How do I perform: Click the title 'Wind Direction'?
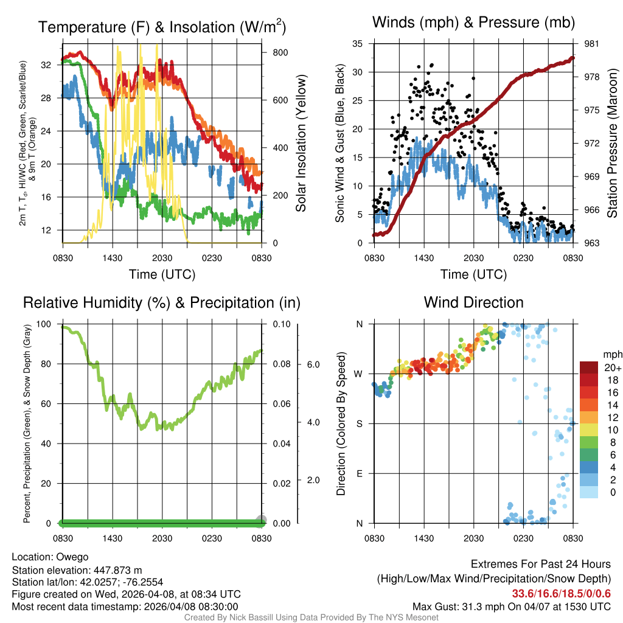coord(473,302)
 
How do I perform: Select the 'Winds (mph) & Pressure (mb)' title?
coord(473,23)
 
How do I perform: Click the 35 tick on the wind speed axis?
coord(358,44)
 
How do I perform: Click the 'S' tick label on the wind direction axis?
coord(359,423)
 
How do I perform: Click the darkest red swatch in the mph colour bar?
coord(590,367)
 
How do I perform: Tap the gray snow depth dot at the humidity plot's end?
coord(261,520)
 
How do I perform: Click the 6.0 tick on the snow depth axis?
coord(313,364)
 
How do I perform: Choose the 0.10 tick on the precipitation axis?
coord(280,324)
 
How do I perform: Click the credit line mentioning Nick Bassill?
coord(311,618)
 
